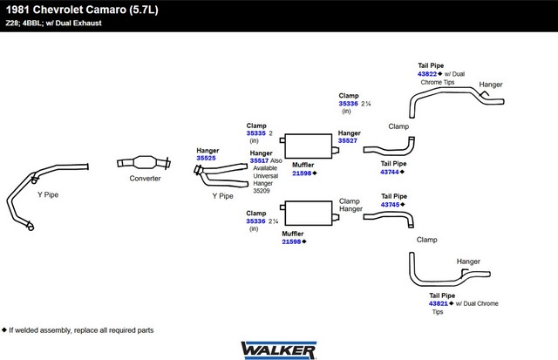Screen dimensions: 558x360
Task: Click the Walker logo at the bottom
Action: [279, 350]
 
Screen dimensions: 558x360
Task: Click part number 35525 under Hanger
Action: [206, 158]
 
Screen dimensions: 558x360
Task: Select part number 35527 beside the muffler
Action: [348, 140]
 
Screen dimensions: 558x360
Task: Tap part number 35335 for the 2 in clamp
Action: [255, 133]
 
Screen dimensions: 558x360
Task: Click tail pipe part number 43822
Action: [427, 73]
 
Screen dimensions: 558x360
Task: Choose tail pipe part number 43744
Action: [390, 172]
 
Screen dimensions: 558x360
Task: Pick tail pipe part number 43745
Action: [390, 205]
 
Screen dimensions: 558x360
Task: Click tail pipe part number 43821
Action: [439, 303]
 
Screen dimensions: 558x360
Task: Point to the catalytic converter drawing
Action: [144, 163]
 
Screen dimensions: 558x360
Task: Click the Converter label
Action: [145, 178]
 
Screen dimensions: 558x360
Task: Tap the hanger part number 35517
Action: [259, 160]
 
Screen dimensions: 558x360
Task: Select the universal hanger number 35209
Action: [262, 191]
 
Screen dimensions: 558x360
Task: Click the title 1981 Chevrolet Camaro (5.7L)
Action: [82, 10]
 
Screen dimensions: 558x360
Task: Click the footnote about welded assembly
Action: [78, 330]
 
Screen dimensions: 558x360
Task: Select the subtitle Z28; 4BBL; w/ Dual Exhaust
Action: [53, 24]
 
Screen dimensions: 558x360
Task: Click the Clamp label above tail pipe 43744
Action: [398, 126]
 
